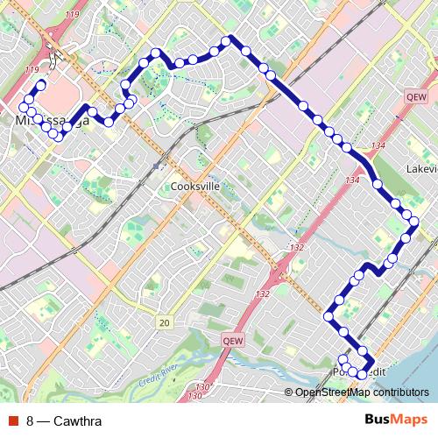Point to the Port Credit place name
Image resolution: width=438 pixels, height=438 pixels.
click(358, 372)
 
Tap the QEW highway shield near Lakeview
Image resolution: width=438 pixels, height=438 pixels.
click(416, 97)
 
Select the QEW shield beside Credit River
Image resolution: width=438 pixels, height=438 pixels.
click(232, 341)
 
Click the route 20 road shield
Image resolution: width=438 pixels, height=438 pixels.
click(164, 323)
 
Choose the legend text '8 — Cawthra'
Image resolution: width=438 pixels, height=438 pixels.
click(64, 421)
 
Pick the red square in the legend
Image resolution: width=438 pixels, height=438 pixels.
click(12, 421)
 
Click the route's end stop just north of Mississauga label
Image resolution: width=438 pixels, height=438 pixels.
click(40, 85)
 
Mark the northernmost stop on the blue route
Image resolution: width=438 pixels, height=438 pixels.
click(226, 40)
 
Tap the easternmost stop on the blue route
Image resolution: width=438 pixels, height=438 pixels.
click(413, 223)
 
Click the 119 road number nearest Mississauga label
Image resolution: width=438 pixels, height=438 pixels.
click(33, 69)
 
